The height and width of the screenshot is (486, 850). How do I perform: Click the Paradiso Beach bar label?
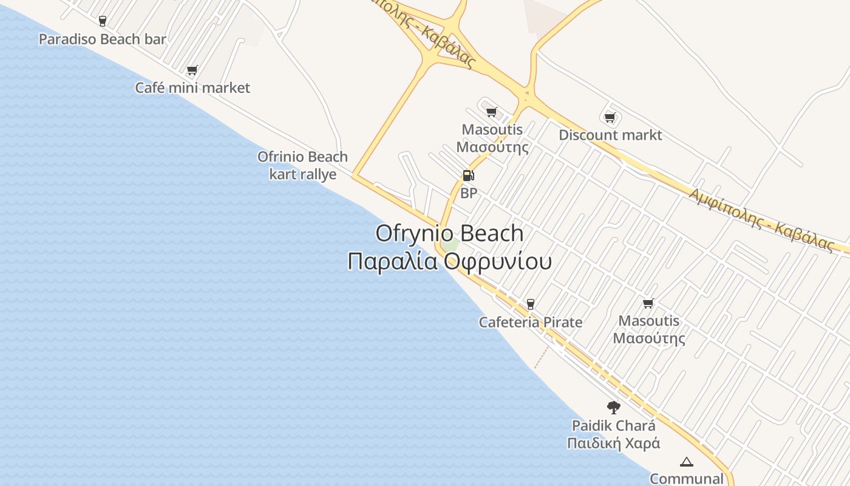[x=102, y=39]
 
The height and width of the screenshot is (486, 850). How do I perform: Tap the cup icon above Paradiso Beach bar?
[x=102, y=21]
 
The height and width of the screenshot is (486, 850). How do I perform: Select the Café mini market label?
[x=192, y=87]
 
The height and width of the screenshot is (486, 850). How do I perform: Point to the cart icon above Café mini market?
[x=192, y=70]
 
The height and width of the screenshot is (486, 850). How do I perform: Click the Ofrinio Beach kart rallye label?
[x=302, y=165]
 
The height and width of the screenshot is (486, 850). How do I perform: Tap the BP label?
[x=469, y=193]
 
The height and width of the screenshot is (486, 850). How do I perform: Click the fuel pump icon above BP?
[x=468, y=176]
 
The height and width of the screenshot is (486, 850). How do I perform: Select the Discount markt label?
[x=610, y=135]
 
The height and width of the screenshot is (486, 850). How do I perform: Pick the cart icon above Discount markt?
[x=610, y=117]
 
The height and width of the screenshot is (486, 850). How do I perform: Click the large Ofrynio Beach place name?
[x=449, y=233]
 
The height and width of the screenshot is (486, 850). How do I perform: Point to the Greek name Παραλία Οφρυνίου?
[x=449, y=261]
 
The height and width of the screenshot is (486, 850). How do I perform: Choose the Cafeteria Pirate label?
[x=530, y=322]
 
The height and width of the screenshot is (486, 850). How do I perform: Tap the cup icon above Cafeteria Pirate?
[x=531, y=304]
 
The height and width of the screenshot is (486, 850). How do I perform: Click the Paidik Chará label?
[x=613, y=425]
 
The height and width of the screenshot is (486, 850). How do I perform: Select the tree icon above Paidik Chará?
[x=613, y=407]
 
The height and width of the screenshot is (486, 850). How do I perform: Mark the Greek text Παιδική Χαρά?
[x=613, y=443]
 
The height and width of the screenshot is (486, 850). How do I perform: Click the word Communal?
[x=686, y=479]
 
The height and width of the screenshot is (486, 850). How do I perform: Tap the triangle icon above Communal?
[x=687, y=462]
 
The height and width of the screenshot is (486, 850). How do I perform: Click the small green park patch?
[x=450, y=245]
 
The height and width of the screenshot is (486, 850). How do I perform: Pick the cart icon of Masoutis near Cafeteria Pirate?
[x=648, y=303]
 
